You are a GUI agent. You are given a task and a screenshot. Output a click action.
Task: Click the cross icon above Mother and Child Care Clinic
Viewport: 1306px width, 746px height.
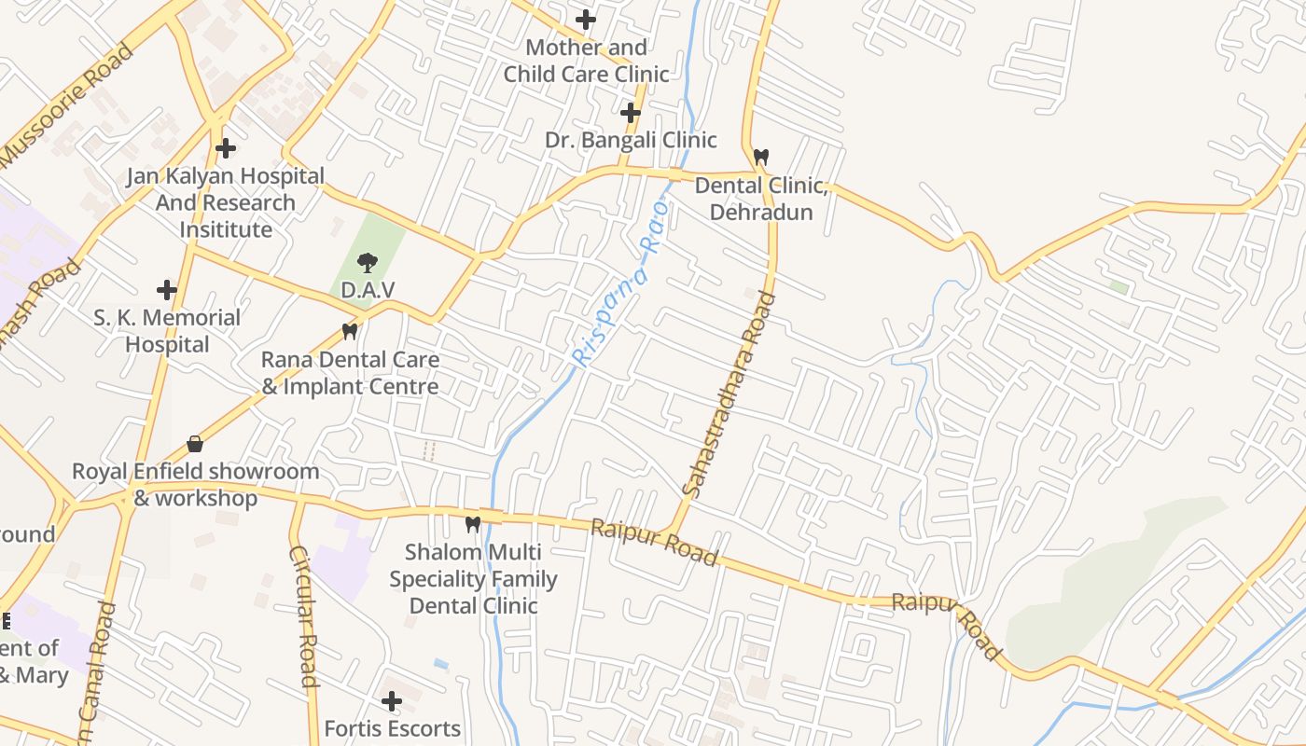coord(586,19)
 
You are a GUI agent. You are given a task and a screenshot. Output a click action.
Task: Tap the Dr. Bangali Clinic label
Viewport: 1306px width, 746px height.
coord(631,140)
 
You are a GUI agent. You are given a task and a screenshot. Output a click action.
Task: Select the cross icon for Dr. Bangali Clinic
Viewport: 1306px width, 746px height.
coord(631,114)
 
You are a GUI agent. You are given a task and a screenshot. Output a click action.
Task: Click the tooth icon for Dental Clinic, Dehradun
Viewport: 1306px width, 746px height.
coord(761,158)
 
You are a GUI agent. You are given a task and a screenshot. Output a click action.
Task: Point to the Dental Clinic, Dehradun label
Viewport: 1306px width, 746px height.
coord(761,199)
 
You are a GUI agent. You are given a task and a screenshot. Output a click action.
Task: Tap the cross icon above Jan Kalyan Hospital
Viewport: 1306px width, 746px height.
coord(225,148)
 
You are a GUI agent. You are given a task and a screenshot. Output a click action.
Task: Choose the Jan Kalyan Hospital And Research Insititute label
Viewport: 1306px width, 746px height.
coord(226,202)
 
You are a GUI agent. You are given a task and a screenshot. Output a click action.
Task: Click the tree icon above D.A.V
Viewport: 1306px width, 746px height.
coord(368,263)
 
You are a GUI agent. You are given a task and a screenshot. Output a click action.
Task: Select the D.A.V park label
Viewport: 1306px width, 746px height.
coord(368,290)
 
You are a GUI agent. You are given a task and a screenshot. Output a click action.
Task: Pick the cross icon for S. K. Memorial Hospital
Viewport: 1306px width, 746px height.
coord(167,290)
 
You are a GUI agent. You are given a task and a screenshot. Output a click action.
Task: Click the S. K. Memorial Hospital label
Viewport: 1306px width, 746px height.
coord(167,331)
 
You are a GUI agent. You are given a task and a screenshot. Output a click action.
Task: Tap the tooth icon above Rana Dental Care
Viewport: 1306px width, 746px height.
coord(350,331)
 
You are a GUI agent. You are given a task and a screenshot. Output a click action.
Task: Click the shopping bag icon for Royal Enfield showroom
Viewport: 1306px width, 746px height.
coord(195,444)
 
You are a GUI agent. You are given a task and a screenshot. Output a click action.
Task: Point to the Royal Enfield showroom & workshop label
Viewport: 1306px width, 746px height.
coord(196,485)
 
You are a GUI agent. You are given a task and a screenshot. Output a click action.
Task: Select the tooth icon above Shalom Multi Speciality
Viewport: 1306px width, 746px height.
coord(473,524)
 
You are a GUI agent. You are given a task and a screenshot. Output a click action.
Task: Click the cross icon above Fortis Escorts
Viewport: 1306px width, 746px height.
coord(392,700)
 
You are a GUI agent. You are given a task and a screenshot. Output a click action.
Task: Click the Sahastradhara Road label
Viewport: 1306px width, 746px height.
coord(729,394)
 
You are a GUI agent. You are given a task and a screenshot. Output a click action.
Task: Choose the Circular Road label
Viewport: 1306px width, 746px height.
coord(304,616)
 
